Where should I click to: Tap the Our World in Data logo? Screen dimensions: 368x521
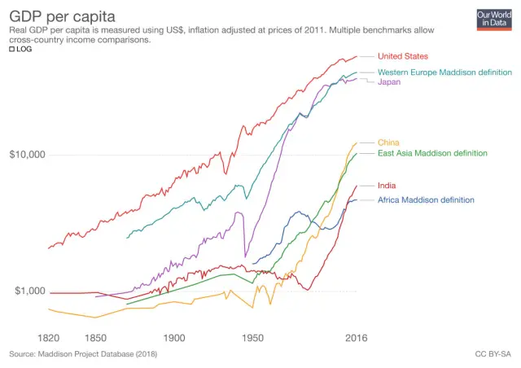click(493, 19)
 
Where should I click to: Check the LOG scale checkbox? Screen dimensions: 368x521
click(12, 49)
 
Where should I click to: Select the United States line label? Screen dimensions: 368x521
click(414, 56)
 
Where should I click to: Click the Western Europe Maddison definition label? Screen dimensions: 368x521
click(444, 72)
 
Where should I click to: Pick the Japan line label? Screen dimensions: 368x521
click(390, 82)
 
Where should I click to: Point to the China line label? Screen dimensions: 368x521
click(388, 142)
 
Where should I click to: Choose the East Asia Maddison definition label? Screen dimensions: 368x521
click(432, 153)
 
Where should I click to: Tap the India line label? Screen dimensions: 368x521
click(387, 186)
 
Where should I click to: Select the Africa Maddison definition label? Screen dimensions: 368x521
click(426, 199)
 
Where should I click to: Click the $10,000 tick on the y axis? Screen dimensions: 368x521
click(27, 155)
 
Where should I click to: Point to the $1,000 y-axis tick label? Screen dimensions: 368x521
click(29, 291)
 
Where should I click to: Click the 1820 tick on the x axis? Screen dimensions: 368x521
click(49, 337)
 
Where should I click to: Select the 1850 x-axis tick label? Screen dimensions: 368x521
click(95, 337)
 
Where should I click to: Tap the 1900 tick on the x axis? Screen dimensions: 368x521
click(173, 337)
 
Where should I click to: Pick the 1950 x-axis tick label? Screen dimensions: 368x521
click(252, 337)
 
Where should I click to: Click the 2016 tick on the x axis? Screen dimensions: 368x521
click(355, 337)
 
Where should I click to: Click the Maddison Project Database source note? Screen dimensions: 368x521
click(83, 354)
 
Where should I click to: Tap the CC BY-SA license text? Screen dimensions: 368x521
click(492, 354)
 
